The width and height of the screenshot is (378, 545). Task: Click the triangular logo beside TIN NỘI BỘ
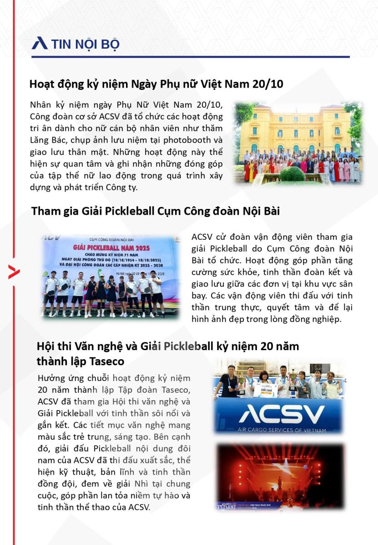[x=40, y=43]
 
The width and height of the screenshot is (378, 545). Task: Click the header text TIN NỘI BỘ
[x=85, y=44]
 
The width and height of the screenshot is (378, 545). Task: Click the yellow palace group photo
[x=298, y=142]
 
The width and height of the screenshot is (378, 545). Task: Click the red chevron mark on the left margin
[x=14, y=272]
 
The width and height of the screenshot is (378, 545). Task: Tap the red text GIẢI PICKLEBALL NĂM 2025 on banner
[x=111, y=248]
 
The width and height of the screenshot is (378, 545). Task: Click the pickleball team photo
[x=111, y=276]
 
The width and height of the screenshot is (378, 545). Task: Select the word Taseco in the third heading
[x=105, y=362]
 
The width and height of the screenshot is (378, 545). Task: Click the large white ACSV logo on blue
[x=282, y=414]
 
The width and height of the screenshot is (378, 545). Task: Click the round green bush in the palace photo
[x=292, y=174]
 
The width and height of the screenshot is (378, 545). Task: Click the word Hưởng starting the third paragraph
[x=52, y=378]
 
